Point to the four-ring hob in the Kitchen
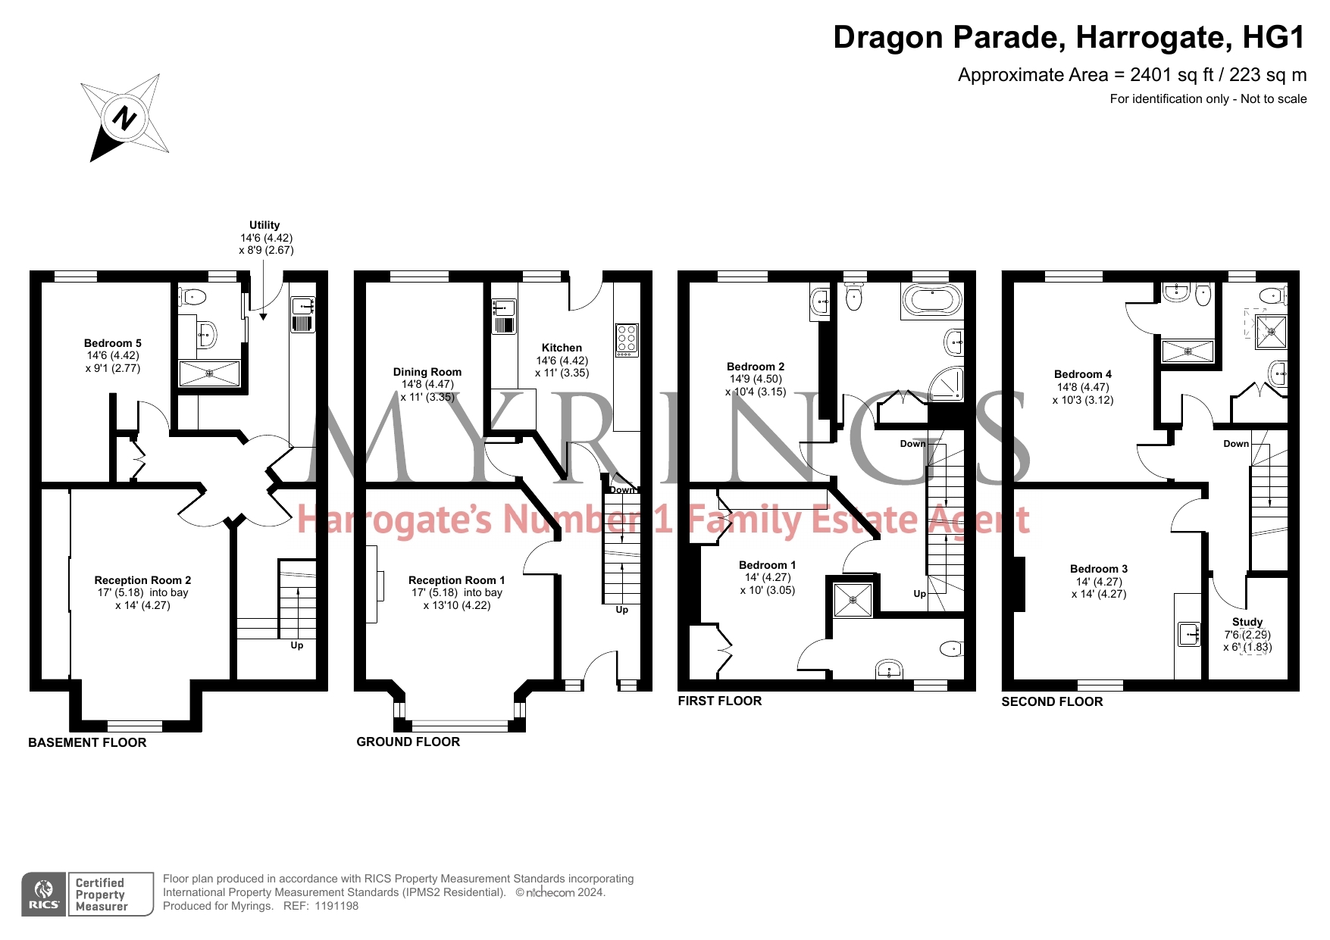(x=627, y=340)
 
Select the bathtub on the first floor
(x=932, y=301)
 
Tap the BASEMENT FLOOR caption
(x=87, y=742)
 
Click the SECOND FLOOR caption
(x=1052, y=701)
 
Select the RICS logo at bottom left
(x=44, y=895)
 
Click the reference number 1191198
(x=336, y=906)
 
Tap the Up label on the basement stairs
(x=297, y=645)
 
